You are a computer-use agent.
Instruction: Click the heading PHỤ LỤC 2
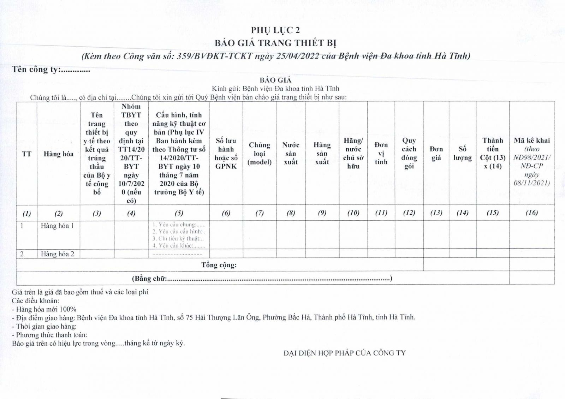point(275,30)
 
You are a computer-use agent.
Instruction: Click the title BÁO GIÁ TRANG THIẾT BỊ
point(275,43)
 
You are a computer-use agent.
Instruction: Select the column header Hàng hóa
point(59,154)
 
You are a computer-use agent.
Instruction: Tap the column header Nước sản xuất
point(291,154)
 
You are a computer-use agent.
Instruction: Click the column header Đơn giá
point(436,154)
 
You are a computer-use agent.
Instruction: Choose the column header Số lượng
point(463,154)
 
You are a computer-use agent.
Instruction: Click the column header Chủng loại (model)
point(260,154)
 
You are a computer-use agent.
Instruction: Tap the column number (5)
point(179,213)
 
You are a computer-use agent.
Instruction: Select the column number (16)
point(532,213)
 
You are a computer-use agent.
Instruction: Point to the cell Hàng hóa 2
point(58,254)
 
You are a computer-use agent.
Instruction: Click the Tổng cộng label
point(219,265)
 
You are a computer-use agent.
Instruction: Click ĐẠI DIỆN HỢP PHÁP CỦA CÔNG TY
point(345,353)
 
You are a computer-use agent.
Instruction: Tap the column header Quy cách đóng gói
point(409,154)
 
